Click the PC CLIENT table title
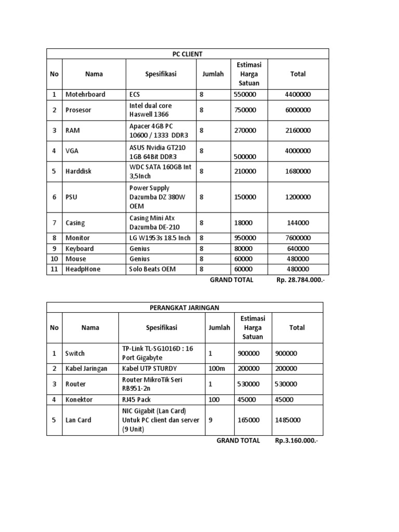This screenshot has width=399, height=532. (188, 54)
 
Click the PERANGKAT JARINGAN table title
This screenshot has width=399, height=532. (185, 308)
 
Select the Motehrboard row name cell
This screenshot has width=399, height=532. (85, 95)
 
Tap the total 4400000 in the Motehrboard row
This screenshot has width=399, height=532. (298, 95)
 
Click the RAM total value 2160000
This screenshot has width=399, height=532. (298, 130)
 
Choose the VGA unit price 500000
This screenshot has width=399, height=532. (245, 156)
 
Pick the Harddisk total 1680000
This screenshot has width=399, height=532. (298, 171)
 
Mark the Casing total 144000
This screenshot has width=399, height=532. (298, 223)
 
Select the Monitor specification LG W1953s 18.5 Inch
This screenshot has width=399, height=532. (160, 238)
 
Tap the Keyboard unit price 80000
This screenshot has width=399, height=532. (244, 248)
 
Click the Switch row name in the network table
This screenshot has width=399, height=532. (75, 353)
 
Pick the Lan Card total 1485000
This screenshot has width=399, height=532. (287, 420)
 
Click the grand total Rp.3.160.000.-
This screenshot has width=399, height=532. (297, 441)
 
